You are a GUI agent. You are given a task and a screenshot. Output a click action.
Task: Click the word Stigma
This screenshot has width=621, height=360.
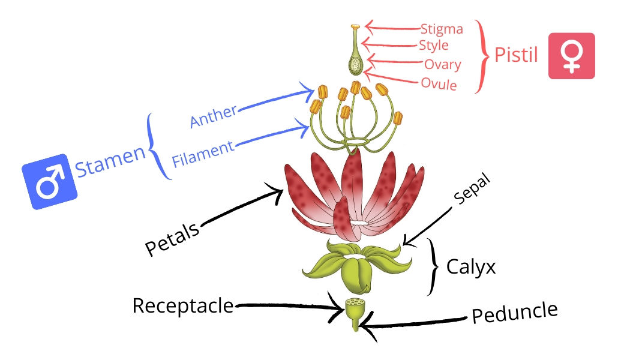coord(442,29)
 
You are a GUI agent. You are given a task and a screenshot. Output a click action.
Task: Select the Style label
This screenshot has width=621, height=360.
coord(434,46)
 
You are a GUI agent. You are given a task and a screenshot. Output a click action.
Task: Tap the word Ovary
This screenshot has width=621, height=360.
coord(443,65)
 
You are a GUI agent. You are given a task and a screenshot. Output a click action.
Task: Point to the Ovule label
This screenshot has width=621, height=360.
coord(439,84)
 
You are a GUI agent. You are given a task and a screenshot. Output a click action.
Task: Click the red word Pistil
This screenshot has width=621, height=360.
coord(516,55)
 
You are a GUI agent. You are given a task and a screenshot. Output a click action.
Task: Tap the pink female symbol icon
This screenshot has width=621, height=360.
coord(571,56)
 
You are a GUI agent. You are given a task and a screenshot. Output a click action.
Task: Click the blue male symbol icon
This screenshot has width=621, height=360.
coord(50,181)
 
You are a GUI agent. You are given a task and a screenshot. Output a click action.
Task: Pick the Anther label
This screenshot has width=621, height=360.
coord(214,116)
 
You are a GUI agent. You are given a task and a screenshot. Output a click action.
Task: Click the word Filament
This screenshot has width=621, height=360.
coord(203,154)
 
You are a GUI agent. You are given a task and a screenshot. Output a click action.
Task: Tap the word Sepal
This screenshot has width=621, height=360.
coord(472,190)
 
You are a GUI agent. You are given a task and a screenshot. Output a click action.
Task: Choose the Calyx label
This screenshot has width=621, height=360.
coord(471,267)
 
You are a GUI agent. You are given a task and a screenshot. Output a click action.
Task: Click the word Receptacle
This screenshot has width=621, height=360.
coord(183,306)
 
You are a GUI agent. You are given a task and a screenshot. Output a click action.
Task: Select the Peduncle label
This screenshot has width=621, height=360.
coord(515,312)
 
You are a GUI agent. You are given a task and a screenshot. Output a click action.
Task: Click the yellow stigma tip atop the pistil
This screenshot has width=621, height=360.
coord(355,27)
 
